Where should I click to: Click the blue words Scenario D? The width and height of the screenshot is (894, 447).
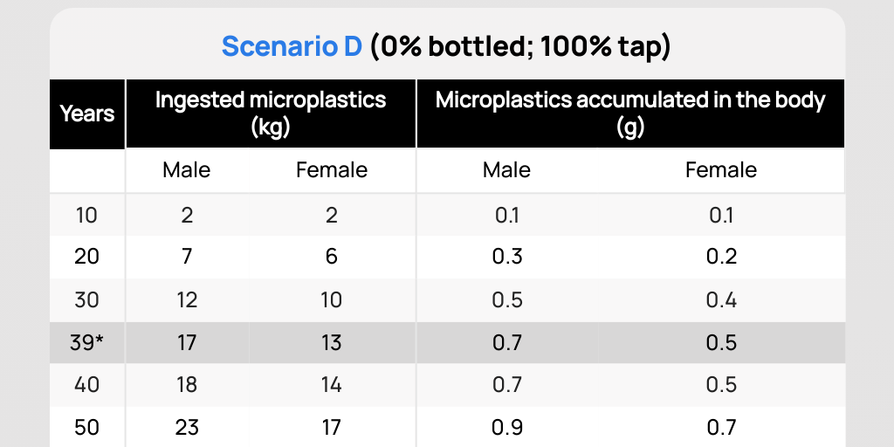[292, 47]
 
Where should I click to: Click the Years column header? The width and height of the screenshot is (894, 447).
[87, 113]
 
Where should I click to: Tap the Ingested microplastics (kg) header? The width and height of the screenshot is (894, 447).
[271, 113]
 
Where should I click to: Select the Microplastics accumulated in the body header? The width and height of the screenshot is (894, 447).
[630, 113]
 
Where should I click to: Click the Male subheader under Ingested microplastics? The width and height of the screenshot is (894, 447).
[187, 170]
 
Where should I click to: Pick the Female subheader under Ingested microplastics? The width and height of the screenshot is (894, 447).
[331, 170]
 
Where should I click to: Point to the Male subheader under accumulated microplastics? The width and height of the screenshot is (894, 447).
[507, 170]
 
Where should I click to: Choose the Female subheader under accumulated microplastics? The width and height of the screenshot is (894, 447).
[721, 170]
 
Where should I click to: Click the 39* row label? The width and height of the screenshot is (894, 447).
[88, 342]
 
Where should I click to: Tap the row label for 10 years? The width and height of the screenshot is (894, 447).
[86, 216]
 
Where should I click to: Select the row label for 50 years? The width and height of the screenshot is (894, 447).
[86, 427]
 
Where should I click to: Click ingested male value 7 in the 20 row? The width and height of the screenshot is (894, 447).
[187, 257]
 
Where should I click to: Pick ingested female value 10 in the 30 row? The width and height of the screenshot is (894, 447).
[331, 300]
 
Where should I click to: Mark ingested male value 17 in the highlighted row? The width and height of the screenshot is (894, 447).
[187, 342]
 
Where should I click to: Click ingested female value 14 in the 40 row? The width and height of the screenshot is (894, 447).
[331, 385]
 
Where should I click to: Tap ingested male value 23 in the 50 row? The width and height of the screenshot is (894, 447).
[187, 427]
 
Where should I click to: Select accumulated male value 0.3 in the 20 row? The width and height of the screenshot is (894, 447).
[507, 257]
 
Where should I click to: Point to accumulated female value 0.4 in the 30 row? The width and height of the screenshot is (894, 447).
[721, 300]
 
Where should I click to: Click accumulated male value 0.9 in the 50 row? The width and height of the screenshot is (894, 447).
[507, 427]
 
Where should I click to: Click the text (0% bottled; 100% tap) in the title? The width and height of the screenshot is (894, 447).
[520, 47]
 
